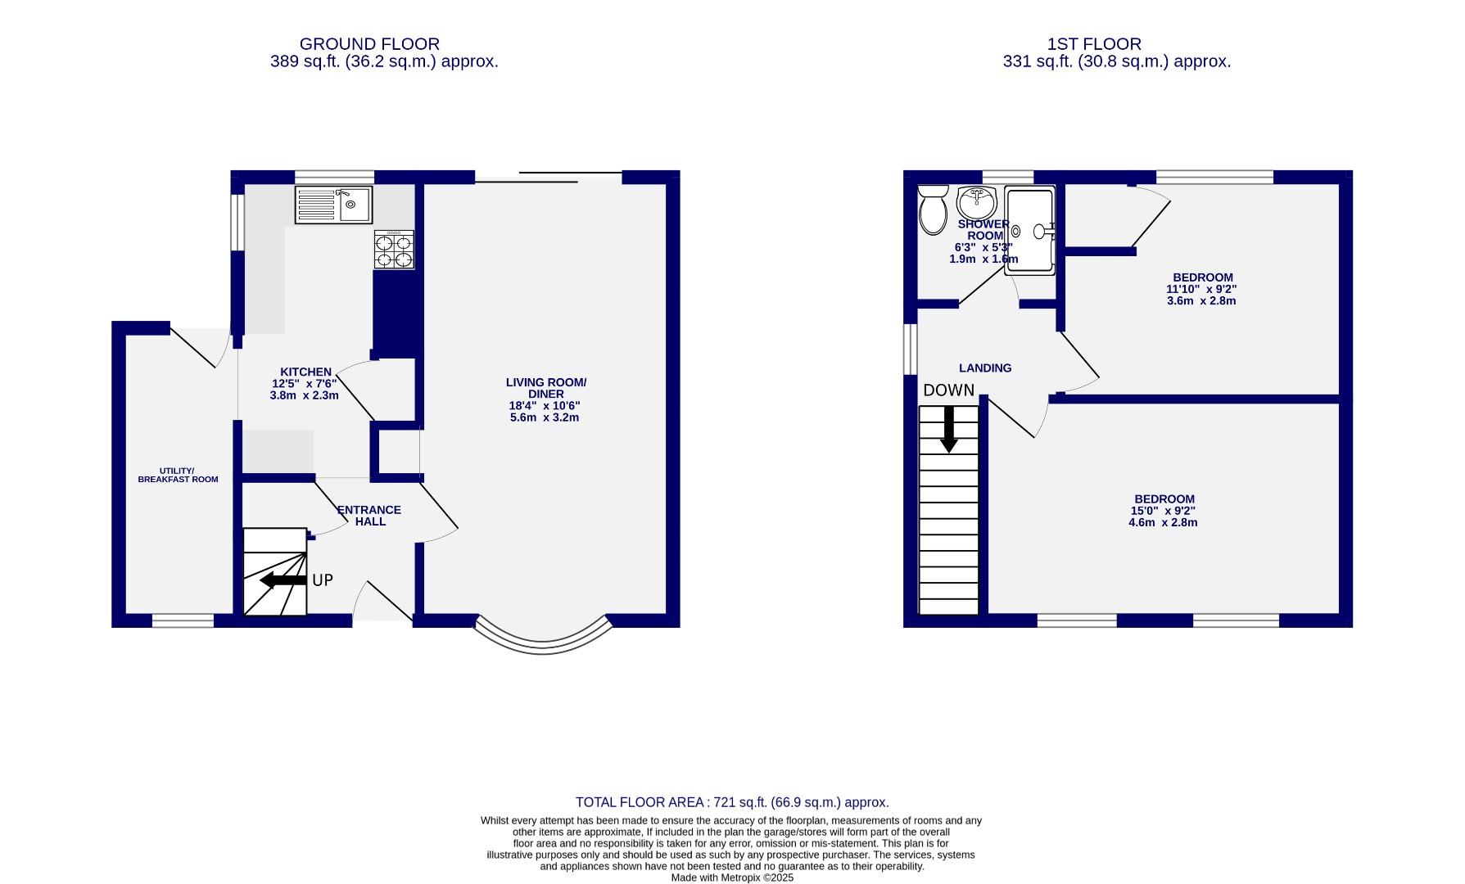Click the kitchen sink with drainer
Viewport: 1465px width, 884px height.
(333, 205)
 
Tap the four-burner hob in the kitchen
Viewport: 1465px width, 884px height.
(394, 250)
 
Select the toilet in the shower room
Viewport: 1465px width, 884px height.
(932, 210)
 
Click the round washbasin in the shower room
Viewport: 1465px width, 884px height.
(976, 201)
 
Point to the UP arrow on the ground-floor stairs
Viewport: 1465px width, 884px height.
(283, 580)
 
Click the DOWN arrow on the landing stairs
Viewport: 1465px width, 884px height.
(948, 428)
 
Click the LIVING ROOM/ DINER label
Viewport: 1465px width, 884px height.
(546, 388)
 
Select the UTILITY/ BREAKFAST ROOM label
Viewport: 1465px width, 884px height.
(178, 475)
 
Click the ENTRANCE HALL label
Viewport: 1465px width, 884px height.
(369, 516)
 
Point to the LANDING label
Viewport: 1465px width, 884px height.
(985, 368)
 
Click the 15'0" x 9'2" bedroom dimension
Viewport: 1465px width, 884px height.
(1163, 511)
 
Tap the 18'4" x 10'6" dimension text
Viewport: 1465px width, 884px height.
(545, 405)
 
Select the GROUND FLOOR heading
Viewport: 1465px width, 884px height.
(369, 44)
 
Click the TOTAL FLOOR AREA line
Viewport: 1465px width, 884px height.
(732, 802)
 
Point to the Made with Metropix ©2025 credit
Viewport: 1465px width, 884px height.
(732, 877)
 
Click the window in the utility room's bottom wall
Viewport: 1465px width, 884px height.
(183, 621)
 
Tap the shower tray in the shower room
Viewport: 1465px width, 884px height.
(1030, 231)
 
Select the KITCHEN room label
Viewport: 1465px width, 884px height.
(305, 372)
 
